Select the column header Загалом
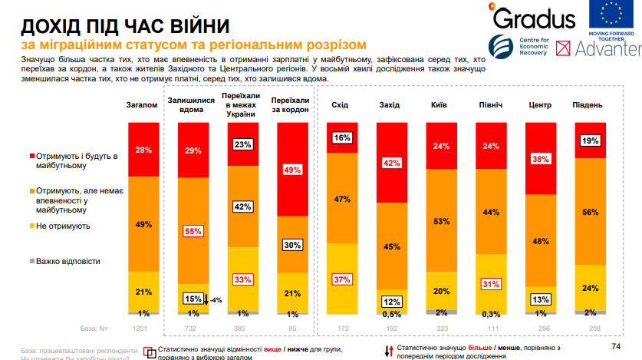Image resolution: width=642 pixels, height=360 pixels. point(142,104)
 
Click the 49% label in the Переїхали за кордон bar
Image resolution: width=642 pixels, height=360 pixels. point(291,169)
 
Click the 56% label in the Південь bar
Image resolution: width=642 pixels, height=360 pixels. point(589,213)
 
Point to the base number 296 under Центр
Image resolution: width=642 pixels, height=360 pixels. point(539,328)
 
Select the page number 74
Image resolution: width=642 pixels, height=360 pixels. point(615,345)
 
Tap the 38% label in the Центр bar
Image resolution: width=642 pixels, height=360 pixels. point(540,159)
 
